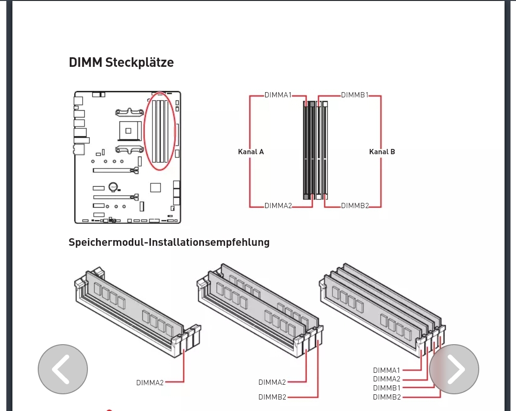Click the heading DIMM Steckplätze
pos(121,63)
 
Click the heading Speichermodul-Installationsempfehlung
pos(169,242)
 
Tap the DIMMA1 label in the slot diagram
pos(278,95)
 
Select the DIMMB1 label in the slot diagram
pos(355,95)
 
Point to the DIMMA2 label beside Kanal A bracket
pos(278,206)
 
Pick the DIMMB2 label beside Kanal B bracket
pos(355,206)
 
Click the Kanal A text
pos(251,152)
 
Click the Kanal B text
pos(382,152)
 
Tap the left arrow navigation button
pos(63,369)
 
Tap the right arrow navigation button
pos(454,369)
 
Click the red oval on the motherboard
pos(160,131)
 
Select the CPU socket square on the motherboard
pos(129,131)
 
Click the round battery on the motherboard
pos(113,187)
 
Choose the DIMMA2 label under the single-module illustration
pos(150,383)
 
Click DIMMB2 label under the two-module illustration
pos(272,397)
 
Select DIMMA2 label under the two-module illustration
pos(272,382)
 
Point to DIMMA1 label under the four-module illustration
pos(387,370)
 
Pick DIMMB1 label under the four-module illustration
pos(387,388)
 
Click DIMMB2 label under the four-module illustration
pos(387,397)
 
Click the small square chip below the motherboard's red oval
pos(156,188)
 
